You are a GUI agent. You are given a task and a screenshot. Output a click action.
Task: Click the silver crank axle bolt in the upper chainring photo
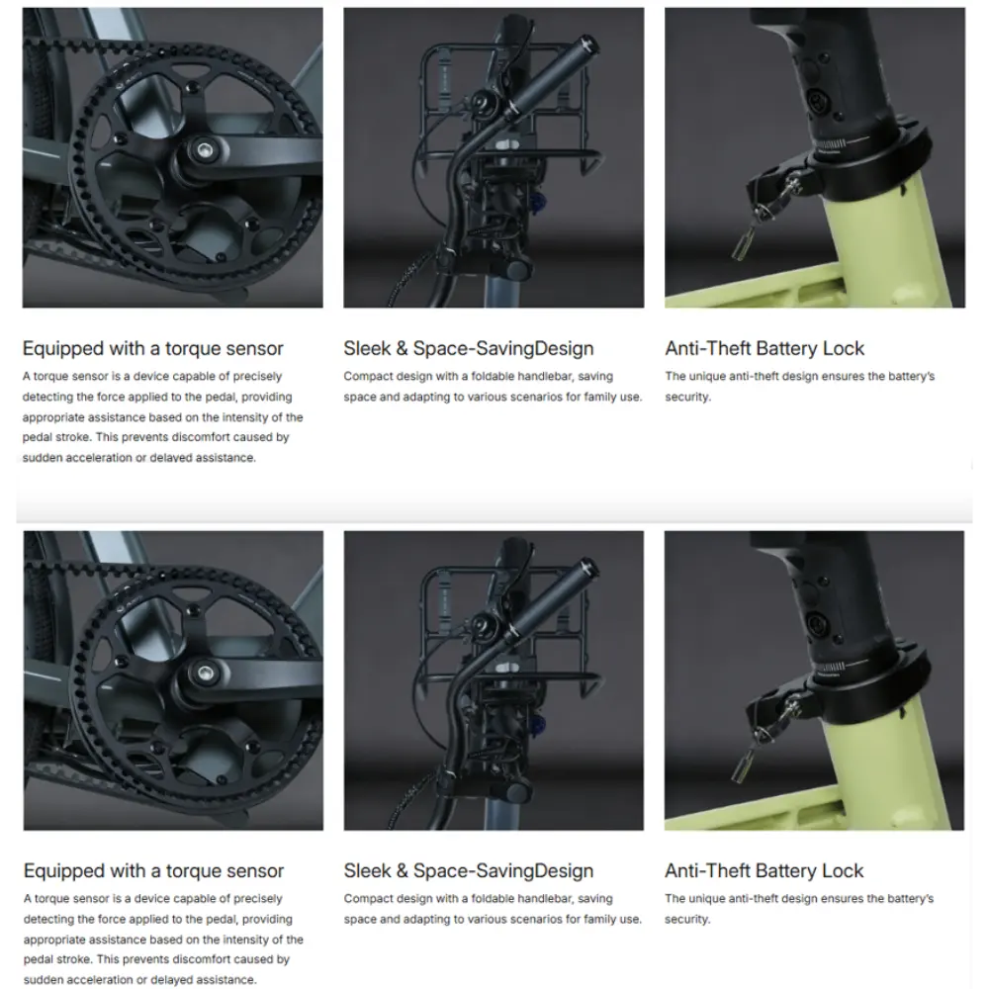click(x=203, y=150)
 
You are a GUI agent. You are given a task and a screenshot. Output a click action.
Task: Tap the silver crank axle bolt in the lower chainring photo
click(x=205, y=673)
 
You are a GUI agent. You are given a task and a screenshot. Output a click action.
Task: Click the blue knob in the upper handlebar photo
click(x=539, y=203)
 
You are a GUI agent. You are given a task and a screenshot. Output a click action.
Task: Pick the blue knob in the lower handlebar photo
click(x=539, y=726)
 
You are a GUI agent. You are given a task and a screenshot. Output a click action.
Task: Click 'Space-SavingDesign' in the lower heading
click(x=503, y=871)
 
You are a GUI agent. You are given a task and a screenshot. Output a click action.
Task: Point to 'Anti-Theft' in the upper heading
click(x=707, y=348)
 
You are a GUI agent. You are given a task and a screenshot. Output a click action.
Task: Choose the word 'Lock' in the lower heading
click(x=842, y=870)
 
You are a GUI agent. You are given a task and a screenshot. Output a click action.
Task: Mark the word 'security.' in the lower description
click(x=687, y=920)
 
